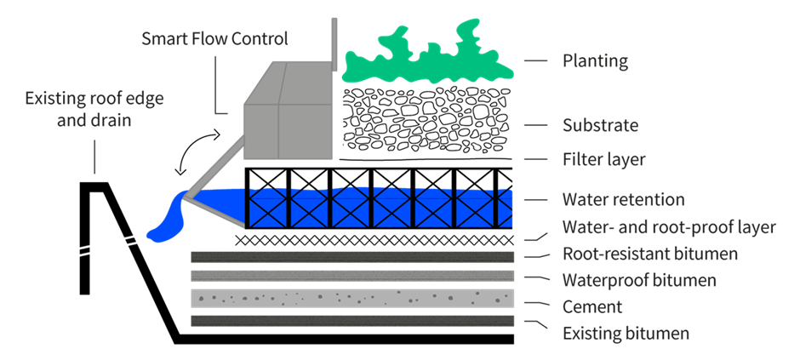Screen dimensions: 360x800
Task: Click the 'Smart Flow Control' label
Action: (x=214, y=38)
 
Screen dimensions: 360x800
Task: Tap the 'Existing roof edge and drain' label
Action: (x=94, y=109)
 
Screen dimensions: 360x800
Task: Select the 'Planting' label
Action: (x=595, y=61)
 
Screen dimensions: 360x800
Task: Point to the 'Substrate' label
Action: (x=600, y=126)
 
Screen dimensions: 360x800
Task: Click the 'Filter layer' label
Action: (x=603, y=160)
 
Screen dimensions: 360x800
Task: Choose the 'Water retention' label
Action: (x=623, y=200)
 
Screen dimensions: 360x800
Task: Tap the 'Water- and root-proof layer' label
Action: (x=669, y=227)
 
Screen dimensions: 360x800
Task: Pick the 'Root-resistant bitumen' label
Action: (x=650, y=254)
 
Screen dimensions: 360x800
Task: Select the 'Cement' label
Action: (x=592, y=306)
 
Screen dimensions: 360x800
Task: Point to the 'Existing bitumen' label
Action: (x=626, y=333)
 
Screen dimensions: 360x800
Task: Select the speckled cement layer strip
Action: (x=352, y=298)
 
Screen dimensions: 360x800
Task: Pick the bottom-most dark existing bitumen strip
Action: (x=352, y=321)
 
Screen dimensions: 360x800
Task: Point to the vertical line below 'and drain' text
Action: (x=94, y=157)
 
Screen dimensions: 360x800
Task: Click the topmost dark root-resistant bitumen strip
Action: (x=352, y=256)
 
